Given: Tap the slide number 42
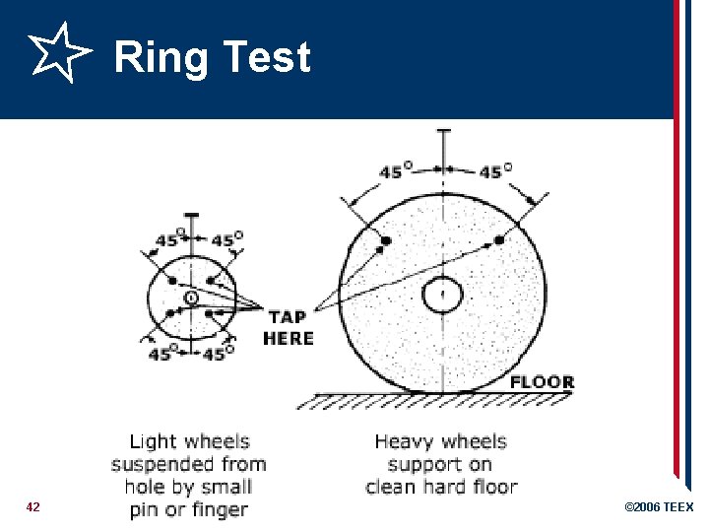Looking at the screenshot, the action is [x=33, y=506].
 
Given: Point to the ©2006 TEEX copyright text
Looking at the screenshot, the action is [x=659, y=507].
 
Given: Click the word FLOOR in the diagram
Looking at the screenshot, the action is [x=542, y=382].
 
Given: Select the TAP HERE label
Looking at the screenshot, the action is [x=288, y=327].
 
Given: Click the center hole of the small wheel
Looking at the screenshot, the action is [x=191, y=298].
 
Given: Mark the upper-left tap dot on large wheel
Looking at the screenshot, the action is [x=386, y=240].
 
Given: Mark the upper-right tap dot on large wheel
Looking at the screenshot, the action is [x=498, y=239].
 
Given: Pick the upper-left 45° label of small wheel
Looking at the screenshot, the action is [x=166, y=239].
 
